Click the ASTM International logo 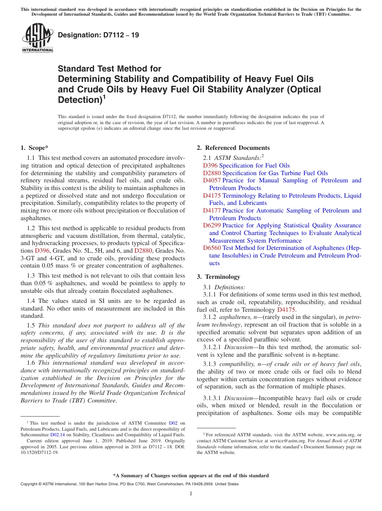tap(37, 39)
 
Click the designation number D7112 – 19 tap(99, 35)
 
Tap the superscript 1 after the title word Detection tap(104, 97)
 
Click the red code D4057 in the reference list tap(212, 181)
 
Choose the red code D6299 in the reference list tap(212, 226)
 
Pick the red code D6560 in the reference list tap(212, 248)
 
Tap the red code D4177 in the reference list tap(212, 211)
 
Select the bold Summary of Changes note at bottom tap(191, 476)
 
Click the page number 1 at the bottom tap(191, 494)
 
